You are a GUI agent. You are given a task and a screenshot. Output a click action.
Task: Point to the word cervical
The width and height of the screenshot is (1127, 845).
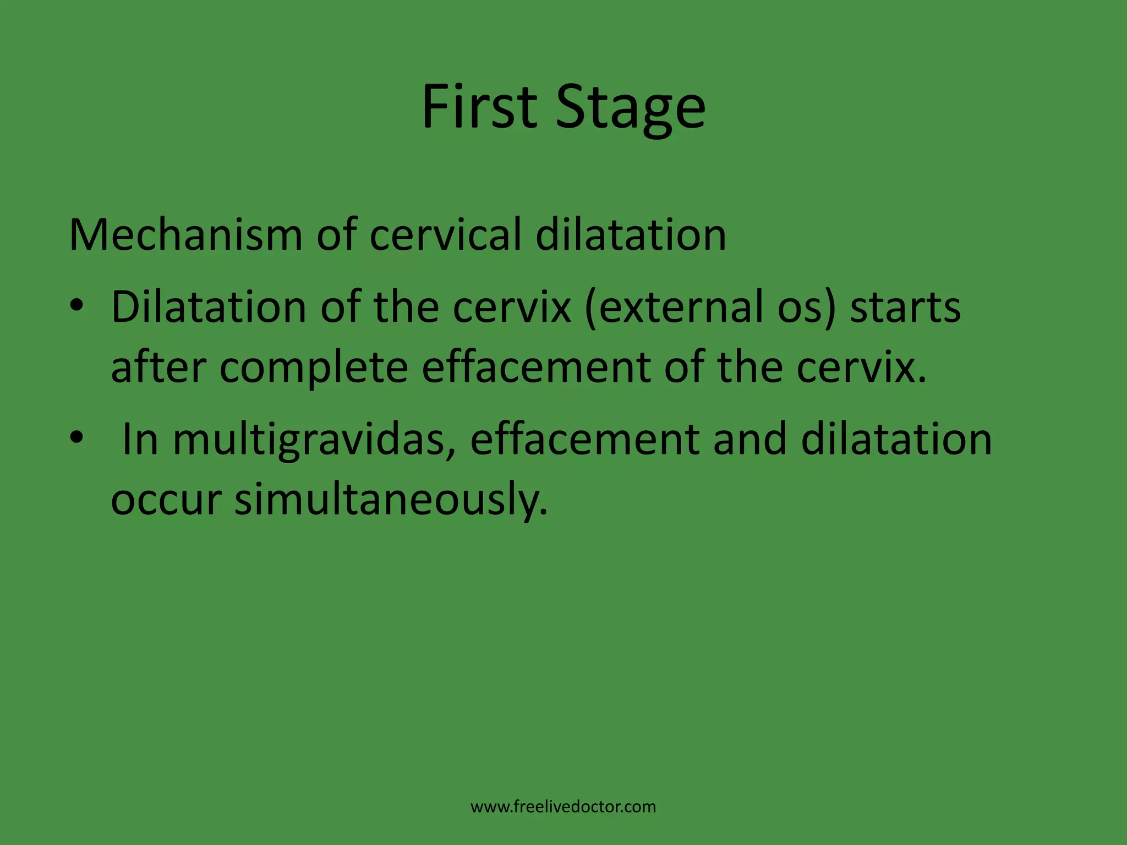445,235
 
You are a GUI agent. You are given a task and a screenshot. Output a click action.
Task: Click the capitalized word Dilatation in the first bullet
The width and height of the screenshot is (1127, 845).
209,306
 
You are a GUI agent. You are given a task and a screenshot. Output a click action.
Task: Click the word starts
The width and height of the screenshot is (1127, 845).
905,307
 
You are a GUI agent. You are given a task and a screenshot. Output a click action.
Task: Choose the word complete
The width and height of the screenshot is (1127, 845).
313,369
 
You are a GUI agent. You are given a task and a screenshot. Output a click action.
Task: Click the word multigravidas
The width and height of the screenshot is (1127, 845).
308,440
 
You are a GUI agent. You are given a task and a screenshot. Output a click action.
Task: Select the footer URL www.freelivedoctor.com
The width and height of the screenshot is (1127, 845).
563,807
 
